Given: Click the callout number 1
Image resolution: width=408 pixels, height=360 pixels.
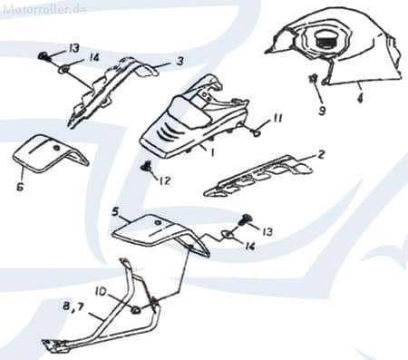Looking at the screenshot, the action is pos(212,153).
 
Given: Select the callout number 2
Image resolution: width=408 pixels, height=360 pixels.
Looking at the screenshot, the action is pos(321,154).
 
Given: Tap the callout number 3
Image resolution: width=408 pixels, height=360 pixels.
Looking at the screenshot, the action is pos(180,61).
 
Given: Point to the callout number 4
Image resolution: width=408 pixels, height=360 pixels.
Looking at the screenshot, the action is pos(360,98).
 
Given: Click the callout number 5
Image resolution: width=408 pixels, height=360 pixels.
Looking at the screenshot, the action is pos(115,211).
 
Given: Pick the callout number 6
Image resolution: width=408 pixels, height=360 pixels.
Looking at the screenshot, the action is pos(20,187).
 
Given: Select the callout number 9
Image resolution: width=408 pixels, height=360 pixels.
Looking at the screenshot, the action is pos(322,111).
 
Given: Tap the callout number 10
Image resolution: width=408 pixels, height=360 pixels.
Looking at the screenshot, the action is pos(101,291).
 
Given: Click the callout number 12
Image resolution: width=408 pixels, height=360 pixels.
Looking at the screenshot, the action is pos(165,180).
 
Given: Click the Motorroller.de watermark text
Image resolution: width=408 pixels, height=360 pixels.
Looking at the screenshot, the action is pos(44,9).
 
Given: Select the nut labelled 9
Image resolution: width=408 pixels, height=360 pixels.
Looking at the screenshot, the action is pos(313,78).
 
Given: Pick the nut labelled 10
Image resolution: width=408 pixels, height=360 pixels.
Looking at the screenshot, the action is pos(136,310).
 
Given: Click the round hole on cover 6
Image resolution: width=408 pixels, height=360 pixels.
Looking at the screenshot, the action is pos(56,148).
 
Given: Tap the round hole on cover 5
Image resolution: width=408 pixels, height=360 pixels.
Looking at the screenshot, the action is pos(157,223).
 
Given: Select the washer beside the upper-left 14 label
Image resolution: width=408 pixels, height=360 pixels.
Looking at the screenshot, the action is pos(63,70).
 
